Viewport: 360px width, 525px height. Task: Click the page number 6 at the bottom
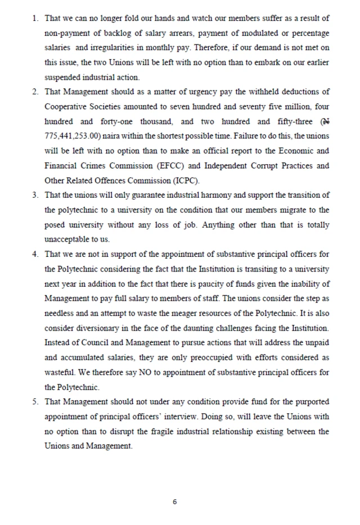click(175, 501)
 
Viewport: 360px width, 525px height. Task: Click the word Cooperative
click(66, 107)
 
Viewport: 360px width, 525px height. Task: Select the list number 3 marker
click(35, 195)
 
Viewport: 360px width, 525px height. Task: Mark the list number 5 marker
click(35, 401)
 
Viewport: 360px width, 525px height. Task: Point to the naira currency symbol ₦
click(325, 121)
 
